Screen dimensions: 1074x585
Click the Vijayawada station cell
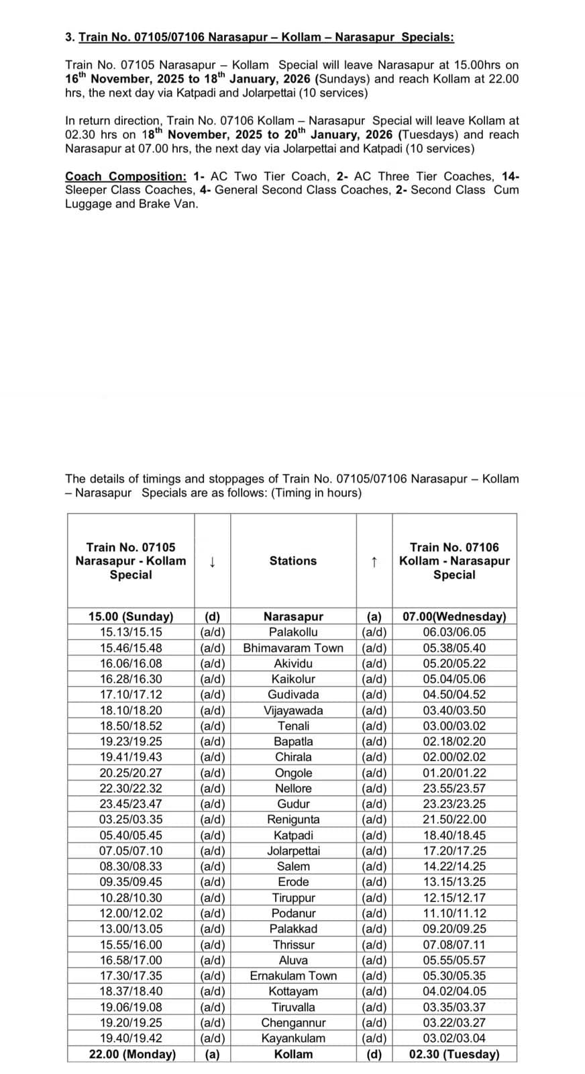click(x=293, y=710)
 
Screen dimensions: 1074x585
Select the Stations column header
click(x=293, y=560)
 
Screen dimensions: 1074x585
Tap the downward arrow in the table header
click(x=212, y=561)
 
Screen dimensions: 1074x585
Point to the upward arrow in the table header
click(x=374, y=561)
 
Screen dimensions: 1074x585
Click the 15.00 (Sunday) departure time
click(x=131, y=616)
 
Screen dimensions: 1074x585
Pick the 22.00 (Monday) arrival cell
click(x=132, y=1054)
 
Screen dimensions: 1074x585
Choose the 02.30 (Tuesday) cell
click(x=454, y=1054)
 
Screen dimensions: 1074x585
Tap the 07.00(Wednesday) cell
click(x=454, y=616)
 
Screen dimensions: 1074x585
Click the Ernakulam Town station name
click(x=293, y=975)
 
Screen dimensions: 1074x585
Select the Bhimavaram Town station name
click(x=293, y=648)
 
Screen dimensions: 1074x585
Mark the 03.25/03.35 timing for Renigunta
click(x=131, y=820)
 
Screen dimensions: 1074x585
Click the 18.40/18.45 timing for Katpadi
click(x=454, y=835)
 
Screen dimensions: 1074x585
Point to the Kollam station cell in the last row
click(x=293, y=1054)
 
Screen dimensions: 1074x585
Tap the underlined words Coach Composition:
click(x=125, y=177)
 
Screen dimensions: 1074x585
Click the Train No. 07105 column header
click(x=131, y=560)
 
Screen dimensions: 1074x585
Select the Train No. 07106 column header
click(x=454, y=560)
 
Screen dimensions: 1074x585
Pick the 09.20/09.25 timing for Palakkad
click(x=454, y=929)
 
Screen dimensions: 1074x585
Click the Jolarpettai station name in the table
click(x=293, y=850)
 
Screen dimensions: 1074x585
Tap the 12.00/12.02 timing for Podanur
click(x=131, y=913)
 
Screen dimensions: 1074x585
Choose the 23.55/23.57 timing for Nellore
click(x=454, y=788)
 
